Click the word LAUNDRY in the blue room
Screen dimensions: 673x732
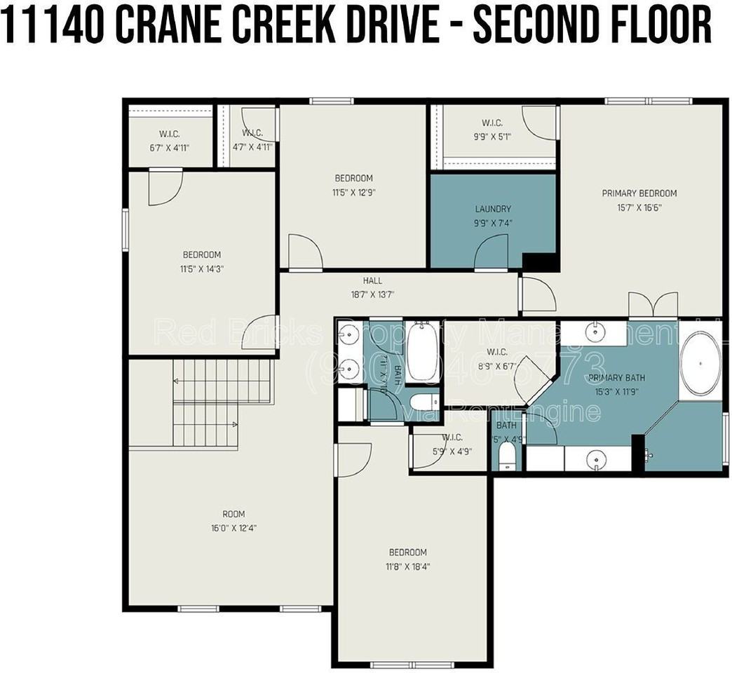[492, 209]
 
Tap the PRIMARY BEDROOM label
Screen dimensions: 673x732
[639, 193]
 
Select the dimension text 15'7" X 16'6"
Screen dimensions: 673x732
[639, 208]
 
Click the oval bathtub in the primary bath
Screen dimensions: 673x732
[700, 364]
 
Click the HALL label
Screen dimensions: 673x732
[372, 281]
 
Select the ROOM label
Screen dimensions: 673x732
[233, 515]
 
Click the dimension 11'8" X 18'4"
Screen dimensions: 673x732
[408, 566]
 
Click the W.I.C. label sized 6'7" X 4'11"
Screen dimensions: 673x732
[170, 133]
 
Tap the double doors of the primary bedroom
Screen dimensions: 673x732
[653, 304]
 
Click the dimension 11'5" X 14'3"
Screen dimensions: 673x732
[202, 268]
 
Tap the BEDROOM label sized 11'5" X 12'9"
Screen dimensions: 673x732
[353, 179]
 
